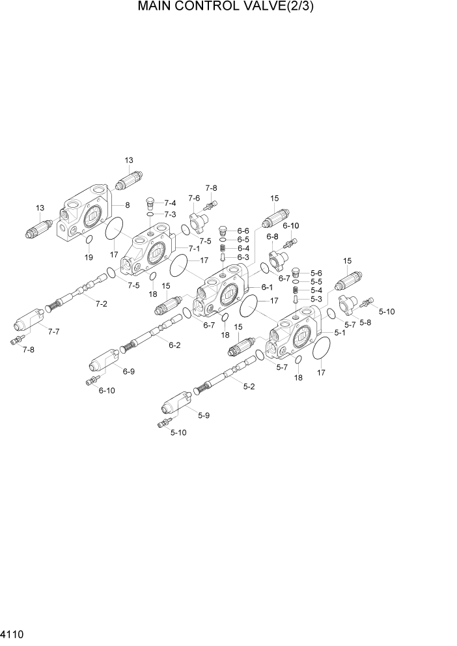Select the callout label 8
[x=128, y=205]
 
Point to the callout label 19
[x=89, y=257]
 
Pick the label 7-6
[x=194, y=198]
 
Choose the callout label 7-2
[x=101, y=303]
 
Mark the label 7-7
[x=54, y=332]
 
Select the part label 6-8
[x=272, y=236]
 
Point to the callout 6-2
[x=174, y=345]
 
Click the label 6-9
[x=128, y=371]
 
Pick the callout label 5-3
[x=316, y=299]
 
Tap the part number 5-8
[x=366, y=322]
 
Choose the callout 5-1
[x=340, y=332]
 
